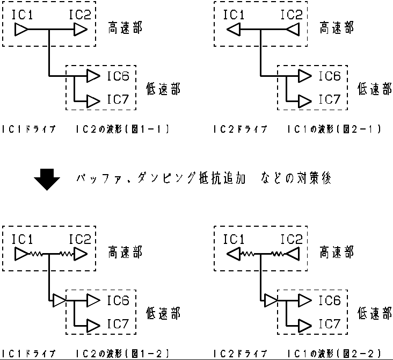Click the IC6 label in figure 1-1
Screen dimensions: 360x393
[x=118, y=76]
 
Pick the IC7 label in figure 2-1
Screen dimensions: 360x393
[x=330, y=99]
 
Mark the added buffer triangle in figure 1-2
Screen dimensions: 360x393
[x=59, y=300]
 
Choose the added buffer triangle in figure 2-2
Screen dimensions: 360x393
[x=271, y=300]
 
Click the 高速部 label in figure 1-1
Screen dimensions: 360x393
[x=125, y=28]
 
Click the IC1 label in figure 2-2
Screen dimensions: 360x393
[x=234, y=238]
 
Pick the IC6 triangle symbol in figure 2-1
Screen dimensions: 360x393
[x=304, y=76]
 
